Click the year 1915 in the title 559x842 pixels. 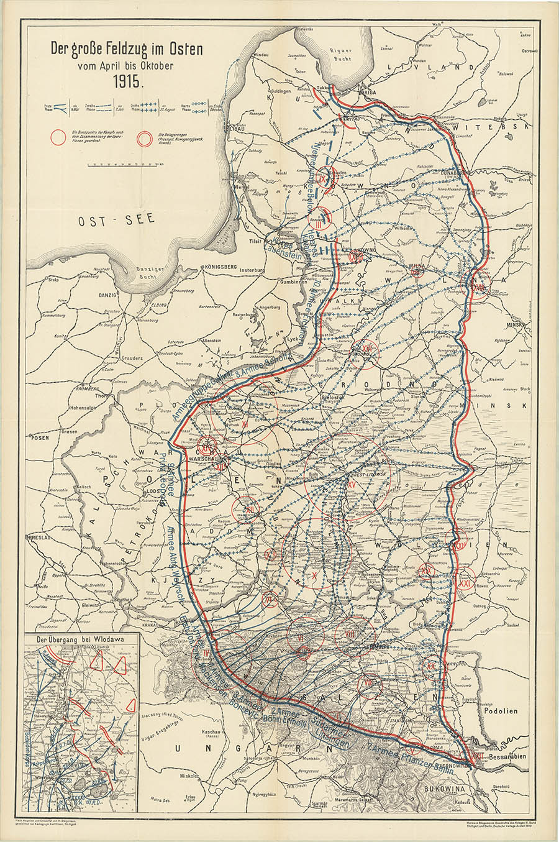[x=127, y=80]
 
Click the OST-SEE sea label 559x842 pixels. [x=116, y=219]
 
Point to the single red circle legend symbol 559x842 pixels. [x=58, y=136]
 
